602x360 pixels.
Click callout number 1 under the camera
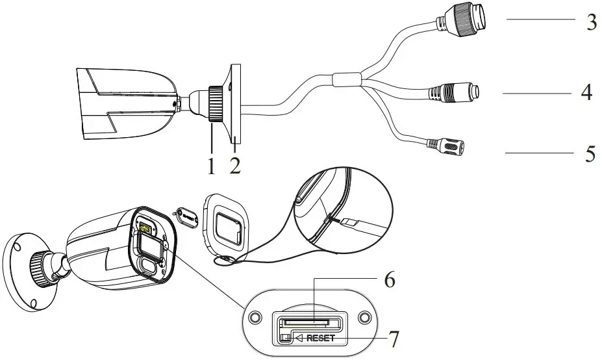pyautogui.click(x=211, y=164)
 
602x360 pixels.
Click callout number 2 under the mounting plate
pyautogui.click(x=235, y=164)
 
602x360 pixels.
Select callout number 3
pyautogui.click(x=590, y=22)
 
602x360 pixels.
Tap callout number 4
pyautogui.click(x=586, y=92)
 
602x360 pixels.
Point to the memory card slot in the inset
pyautogui.click(x=308, y=320)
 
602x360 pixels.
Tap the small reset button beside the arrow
pyautogui.click(x=284, y=337)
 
